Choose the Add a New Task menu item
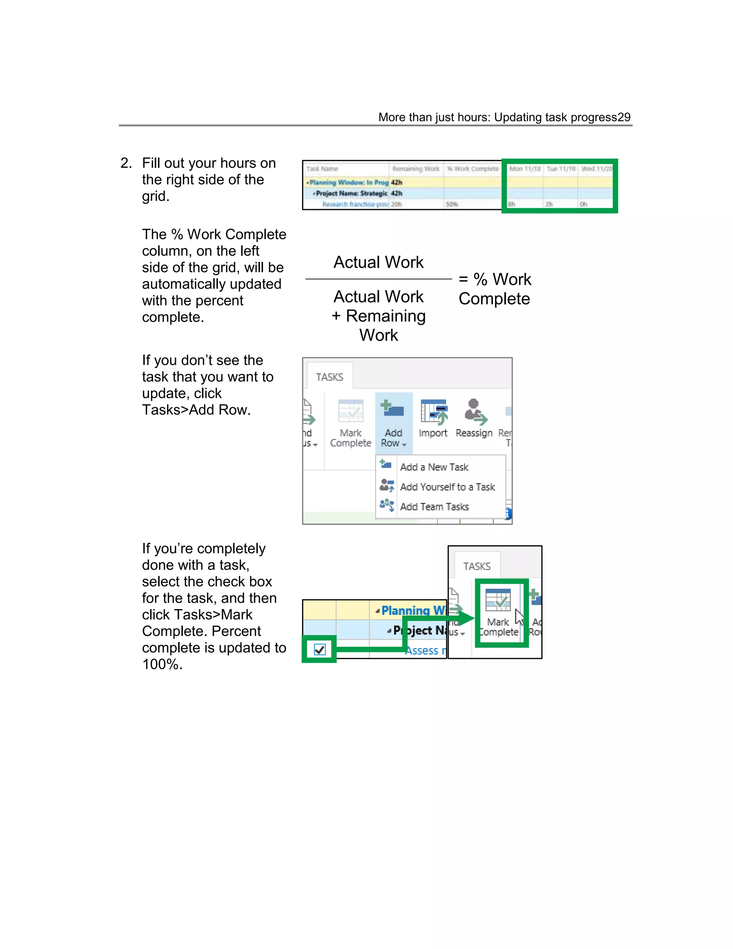434,467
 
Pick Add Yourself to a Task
447,487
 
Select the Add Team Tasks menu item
434,507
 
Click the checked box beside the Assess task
320,650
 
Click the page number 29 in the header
623,117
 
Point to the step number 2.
126,163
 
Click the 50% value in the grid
452,204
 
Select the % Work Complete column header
473,169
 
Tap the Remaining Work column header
416,169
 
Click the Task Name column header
322,169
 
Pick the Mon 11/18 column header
525,169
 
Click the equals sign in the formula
463,279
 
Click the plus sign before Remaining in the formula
336,316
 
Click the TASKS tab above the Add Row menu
330,377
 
